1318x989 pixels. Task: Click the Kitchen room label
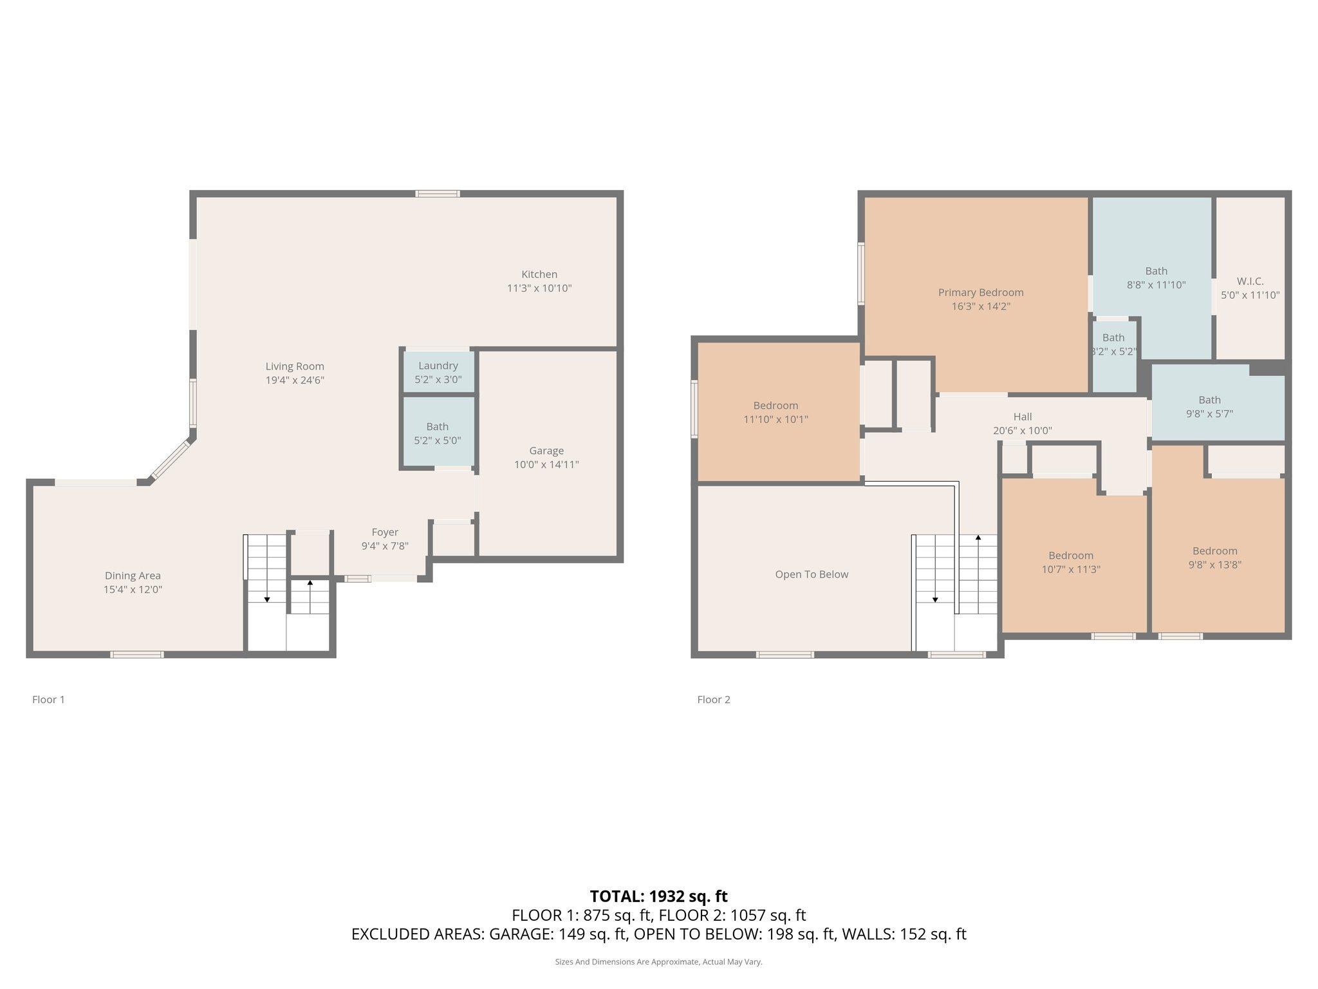tap(539, 274)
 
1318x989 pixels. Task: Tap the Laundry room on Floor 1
tap(438, 372)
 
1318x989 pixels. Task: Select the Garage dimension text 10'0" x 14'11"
tap(546, 464)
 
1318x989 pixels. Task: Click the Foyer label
tap(385, 532)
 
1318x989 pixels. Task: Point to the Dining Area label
tap(133, 576)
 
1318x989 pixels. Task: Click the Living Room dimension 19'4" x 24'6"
tap(295, 380)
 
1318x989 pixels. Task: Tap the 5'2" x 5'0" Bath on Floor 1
tap(438, 433)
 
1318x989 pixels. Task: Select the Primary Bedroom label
tap(981, 292)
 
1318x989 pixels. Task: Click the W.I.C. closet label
tap(1250, 281)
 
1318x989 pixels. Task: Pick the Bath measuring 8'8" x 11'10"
tap(1156, 278)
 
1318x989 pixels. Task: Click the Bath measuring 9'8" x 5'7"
tap(1209, 407)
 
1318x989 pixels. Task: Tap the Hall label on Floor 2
tap(1022, 417)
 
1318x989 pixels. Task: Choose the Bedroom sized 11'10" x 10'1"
tap(775, 412)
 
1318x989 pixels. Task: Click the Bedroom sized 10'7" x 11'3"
tap(1071, 562)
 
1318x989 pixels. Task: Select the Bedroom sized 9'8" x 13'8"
tap(1214, 558)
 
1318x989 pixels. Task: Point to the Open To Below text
tap(812, 574)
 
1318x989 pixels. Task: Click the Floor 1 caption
tap(48, 699)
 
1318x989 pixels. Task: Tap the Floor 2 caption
tap(714, 699)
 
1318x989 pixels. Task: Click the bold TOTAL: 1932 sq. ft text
tap(658, 896)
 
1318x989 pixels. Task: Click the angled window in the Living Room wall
tap(171, 460)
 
